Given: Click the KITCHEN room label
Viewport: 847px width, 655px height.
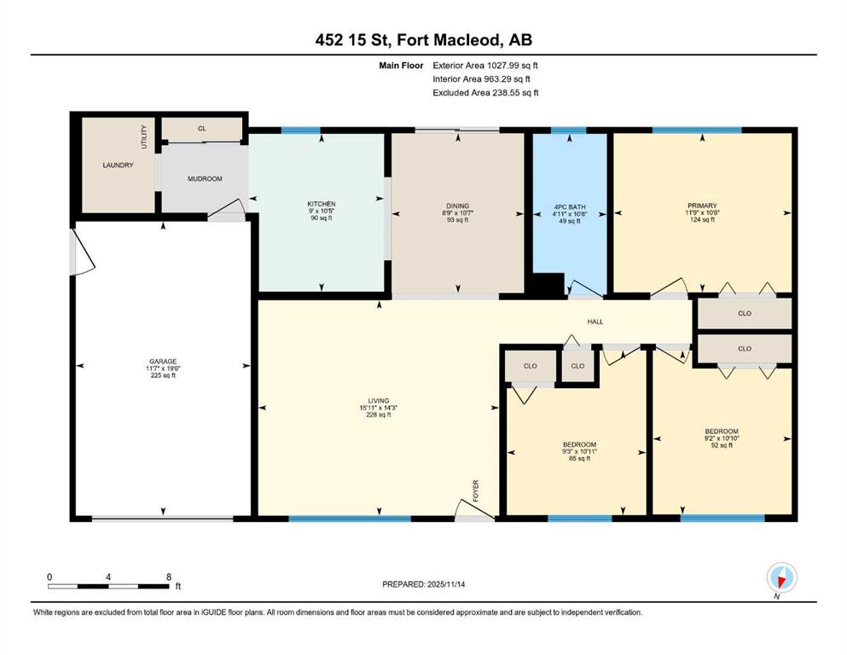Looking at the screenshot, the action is point(322,204).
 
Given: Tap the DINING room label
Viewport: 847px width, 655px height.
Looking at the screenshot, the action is point(457,206).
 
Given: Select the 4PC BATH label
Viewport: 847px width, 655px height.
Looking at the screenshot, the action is point(569,206).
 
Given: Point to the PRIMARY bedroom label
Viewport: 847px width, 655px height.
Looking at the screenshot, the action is point(702,206).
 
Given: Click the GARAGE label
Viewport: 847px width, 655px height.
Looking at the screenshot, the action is point(163,362).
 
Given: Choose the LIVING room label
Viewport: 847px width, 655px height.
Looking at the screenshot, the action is point(379,401).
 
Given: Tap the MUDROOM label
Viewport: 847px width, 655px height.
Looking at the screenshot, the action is point(205,179).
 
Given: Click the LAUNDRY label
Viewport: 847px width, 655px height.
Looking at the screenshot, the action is point(118,165).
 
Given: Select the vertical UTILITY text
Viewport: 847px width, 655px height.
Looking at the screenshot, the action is point(143,137).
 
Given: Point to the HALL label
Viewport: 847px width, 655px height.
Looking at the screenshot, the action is point(595,322).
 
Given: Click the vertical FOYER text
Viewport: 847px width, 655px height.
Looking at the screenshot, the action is point(476,491).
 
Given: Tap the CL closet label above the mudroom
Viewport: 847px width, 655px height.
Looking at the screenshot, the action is point(202,129).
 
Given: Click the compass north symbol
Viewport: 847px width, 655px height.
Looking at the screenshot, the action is point(781,578).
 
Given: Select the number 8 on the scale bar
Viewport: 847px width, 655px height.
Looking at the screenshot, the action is point(169,577).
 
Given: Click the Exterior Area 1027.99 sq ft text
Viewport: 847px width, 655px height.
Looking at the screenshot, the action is point(485,66).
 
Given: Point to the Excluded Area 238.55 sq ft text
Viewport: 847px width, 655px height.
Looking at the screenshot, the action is point(485,93).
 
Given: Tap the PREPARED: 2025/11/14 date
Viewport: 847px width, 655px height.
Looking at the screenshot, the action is point(423,584).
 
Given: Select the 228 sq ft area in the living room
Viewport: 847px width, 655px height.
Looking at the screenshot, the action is point(379,414).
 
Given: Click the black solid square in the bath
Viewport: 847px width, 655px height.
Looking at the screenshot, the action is point(548,285).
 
